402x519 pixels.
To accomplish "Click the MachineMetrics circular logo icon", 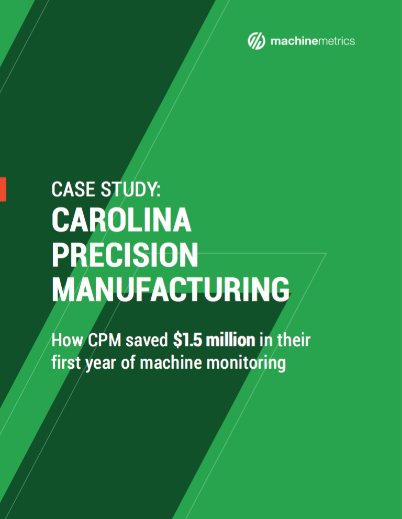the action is point(256,41).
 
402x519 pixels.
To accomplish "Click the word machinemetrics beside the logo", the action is point(312,41).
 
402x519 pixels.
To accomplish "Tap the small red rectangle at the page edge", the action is point(3,189).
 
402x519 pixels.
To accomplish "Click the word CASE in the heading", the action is point(73,189).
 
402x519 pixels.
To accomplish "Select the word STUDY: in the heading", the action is point(130,189).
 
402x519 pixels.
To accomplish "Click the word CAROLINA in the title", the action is point(121,220).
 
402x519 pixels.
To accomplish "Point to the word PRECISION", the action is point(125,255).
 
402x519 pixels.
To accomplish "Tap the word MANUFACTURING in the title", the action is point(171,289).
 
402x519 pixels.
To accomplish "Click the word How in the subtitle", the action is point(67,340).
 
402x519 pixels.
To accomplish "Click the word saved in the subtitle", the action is point(147,340).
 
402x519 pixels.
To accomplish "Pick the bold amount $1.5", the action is point(187,340).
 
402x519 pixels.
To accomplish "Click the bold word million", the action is point(230,340).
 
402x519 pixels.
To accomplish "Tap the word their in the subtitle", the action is point(294,340).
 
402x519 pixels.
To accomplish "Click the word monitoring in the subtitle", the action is point(246,364).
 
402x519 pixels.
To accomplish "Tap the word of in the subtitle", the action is point(128,363).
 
